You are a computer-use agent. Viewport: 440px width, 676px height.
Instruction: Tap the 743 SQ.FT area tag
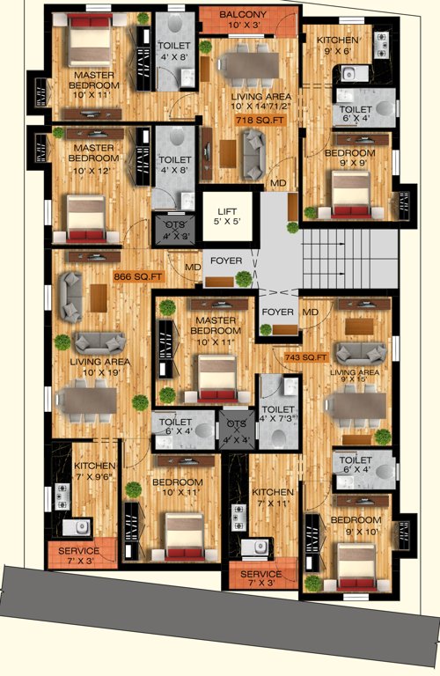305,357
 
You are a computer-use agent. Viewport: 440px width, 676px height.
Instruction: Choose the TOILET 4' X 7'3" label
279,415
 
